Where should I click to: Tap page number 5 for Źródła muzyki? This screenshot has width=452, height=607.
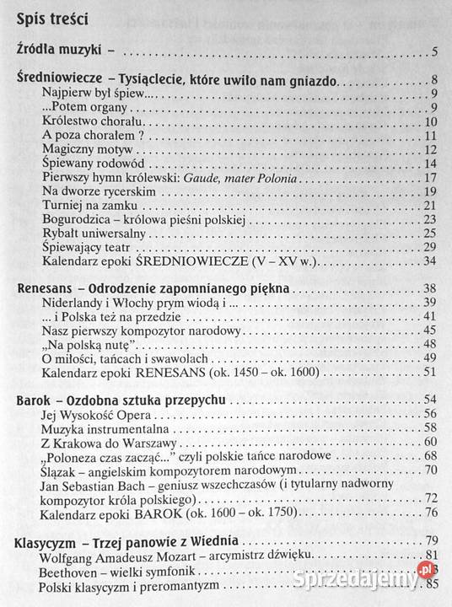(x=434, y=53)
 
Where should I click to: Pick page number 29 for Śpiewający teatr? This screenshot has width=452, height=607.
(x=429, y=248)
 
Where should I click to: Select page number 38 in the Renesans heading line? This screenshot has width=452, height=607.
(x=429, y=288)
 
